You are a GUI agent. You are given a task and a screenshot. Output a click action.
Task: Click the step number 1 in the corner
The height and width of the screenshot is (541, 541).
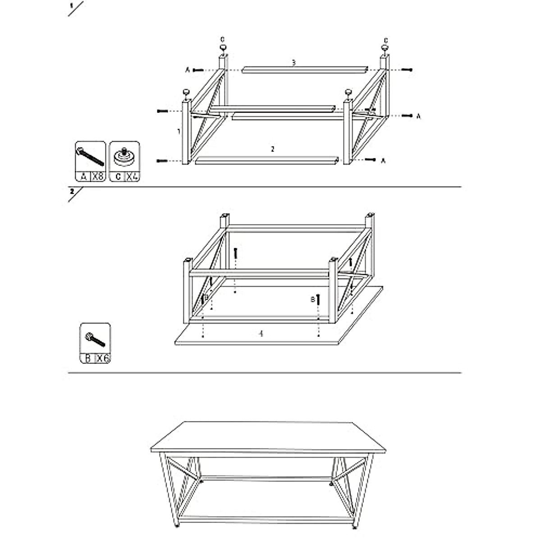pyautogui.click(x=71, y=6)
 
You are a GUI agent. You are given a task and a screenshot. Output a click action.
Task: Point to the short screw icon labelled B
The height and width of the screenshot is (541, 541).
pyautogui.click(x=95, y=339)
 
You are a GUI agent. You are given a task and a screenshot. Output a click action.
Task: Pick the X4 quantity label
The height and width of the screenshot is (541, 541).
pyautogui.click(x=132, y=176)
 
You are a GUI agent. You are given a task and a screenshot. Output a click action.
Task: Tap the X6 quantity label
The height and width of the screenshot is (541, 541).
pyautogui.click(x=103, y=358)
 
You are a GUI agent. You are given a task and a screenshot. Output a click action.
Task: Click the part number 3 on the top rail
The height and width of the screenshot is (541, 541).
pyautogui.click(x=293, y=63)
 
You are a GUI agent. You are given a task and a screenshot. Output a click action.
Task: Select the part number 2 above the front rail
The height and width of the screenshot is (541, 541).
pyautogui.click(x=272, y=149)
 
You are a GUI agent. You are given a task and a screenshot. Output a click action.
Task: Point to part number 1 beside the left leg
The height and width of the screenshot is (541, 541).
pyautogui.click(x=179, y=132)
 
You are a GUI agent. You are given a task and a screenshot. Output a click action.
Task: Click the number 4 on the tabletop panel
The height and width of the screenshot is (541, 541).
pyautogui.click(x=261, y=334)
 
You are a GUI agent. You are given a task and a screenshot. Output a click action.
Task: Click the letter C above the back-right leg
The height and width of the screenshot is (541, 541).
pyautogui.click(x=386, y=39)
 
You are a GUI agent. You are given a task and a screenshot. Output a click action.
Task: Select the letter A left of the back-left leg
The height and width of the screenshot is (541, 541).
pyautogui.click(x=188, y=70)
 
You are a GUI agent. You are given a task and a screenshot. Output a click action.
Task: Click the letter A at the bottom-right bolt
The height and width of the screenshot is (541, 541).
pyautogui.click(x=383, y=160)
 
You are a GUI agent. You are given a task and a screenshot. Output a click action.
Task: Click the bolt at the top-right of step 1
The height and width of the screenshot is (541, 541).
pyautogui.click(x=407, y=69)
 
